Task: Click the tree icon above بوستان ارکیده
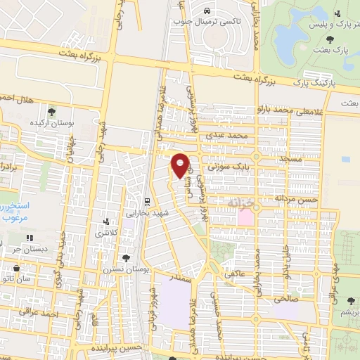(52, 111)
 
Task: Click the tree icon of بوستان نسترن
(126, 258)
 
